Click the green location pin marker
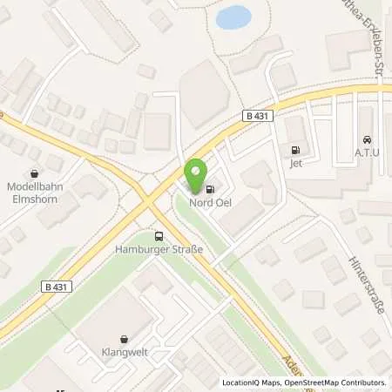pos(195,170)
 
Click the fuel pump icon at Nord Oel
pos(211,187)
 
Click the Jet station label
pos(295,162)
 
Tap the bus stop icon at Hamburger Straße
pos(158,235)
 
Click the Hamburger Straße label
pos(158,250)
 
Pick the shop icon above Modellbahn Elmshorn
pos(34,173)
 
